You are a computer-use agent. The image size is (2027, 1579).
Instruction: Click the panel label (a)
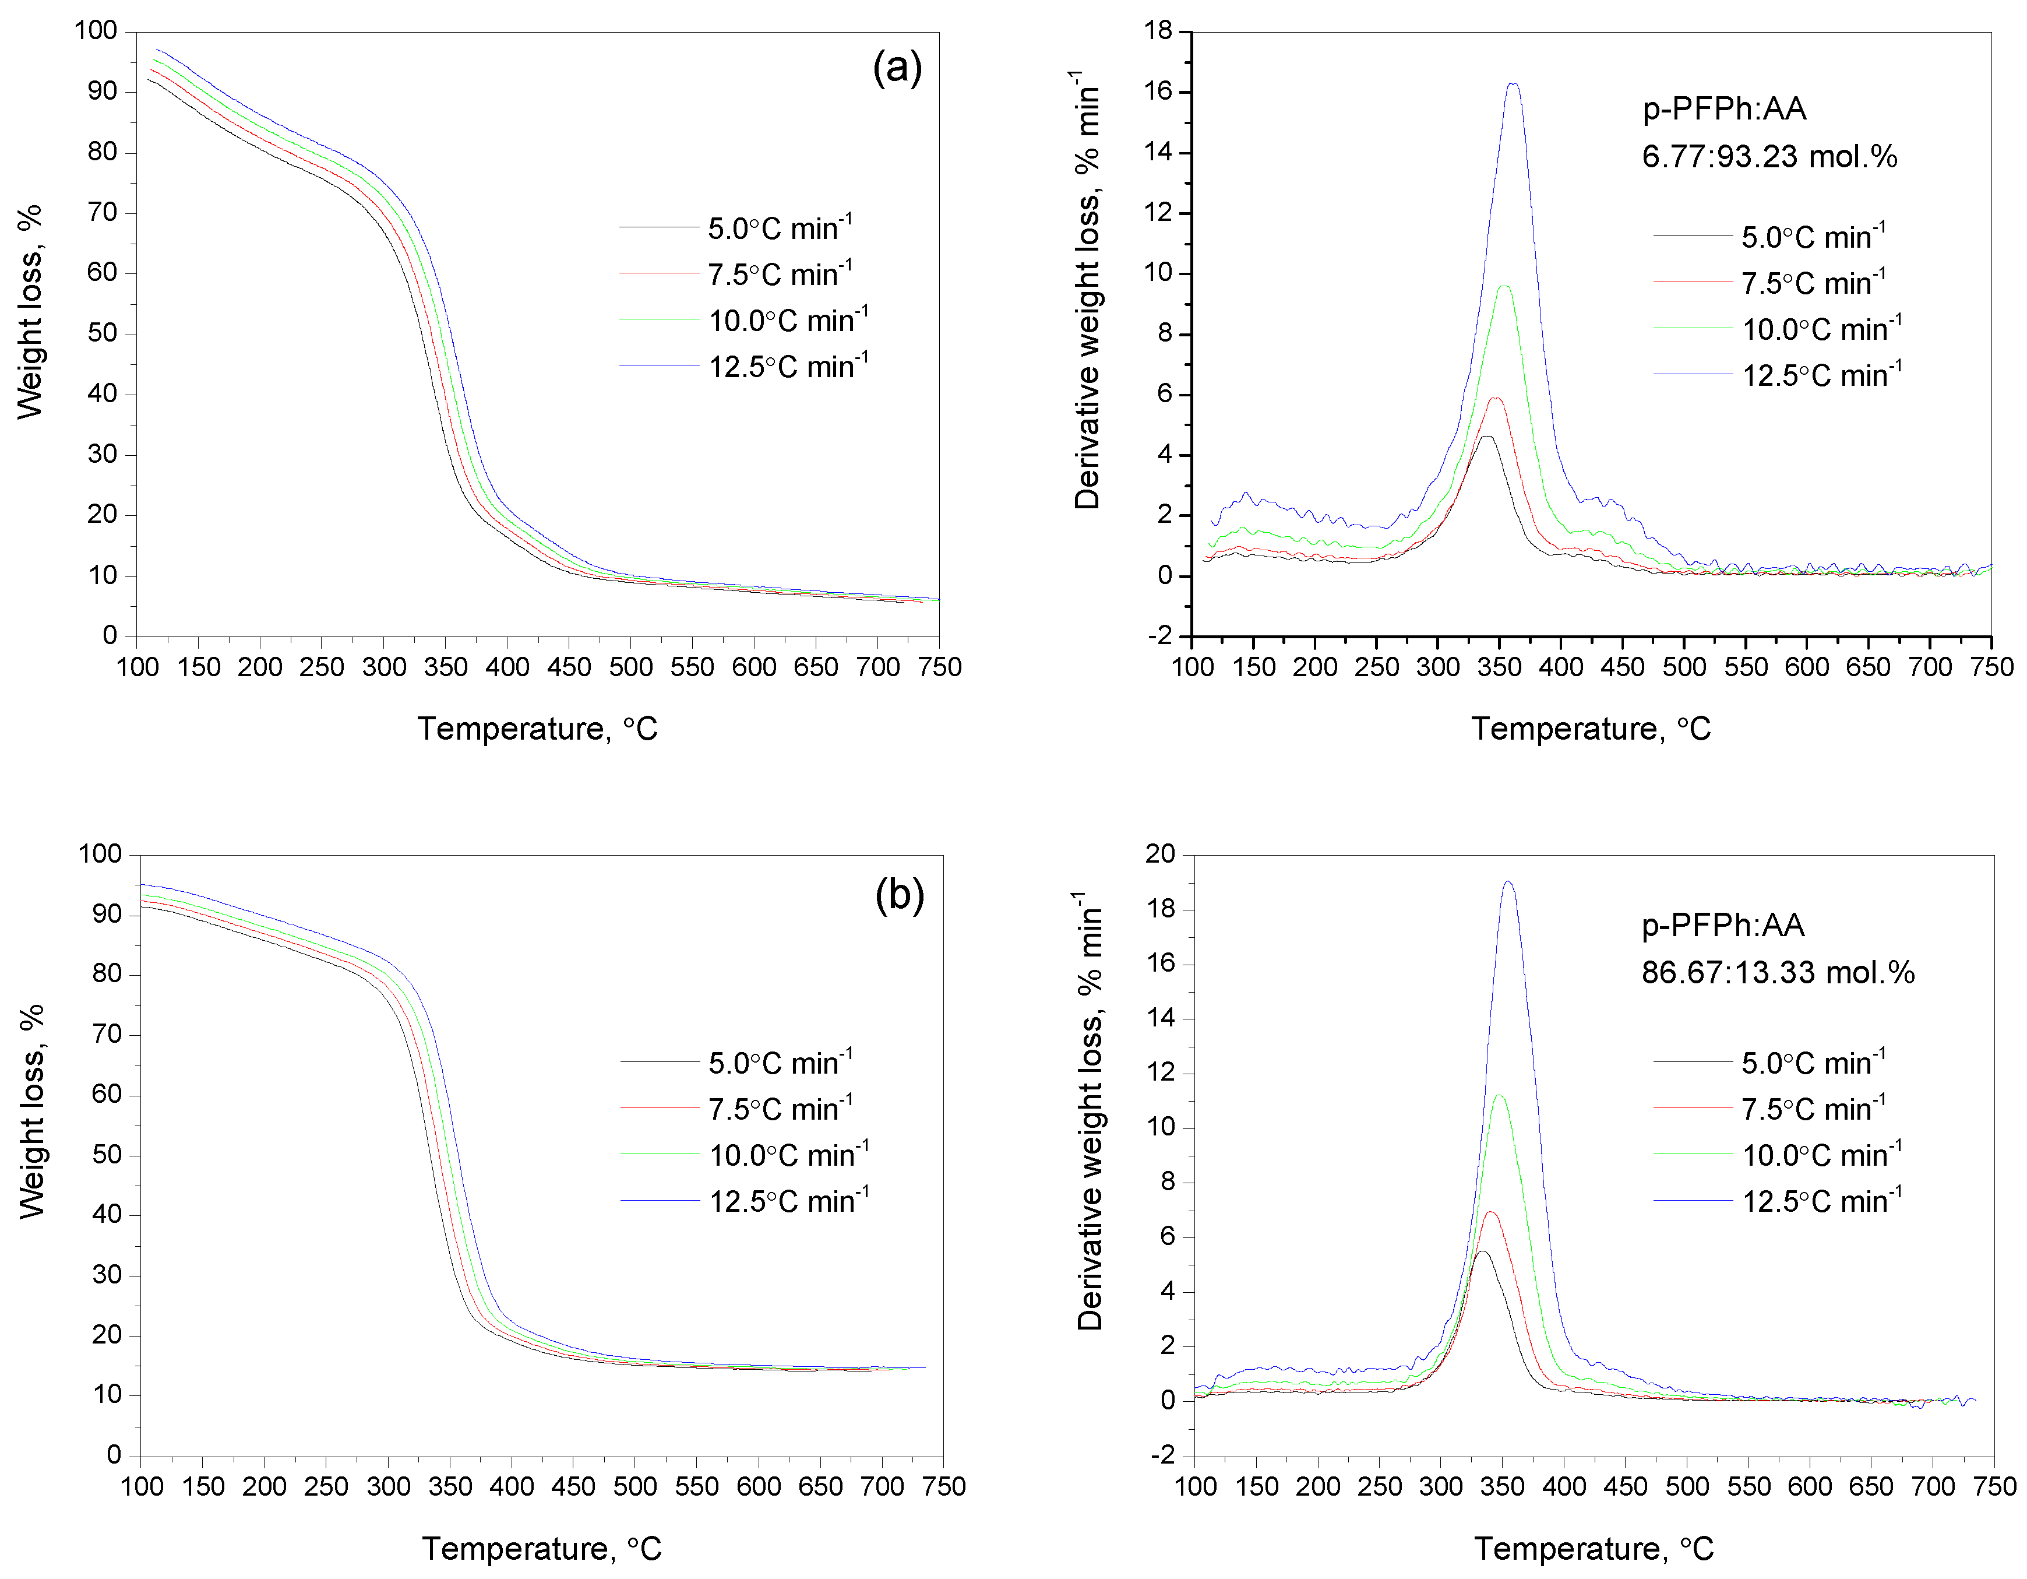tap(897, 69)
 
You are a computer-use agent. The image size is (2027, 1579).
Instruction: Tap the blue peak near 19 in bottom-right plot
tap(1508, 882)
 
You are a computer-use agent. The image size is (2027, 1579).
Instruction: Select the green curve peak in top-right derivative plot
tap(1504, 286)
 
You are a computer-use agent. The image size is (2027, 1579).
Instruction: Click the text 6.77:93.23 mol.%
tap(1769, 156)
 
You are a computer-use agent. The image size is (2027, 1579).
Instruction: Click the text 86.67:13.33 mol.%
tap(1777, 972)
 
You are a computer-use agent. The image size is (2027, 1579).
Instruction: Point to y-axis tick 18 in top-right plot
tap(1158, 31)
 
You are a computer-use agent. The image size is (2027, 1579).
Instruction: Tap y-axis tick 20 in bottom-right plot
tap(1160, 854)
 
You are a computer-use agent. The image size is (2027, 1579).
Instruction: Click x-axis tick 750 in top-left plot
tap(939, 666)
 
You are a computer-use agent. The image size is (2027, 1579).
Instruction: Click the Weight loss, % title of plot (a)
tap(30, 312)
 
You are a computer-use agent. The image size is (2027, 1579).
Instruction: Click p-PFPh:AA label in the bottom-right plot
tap(1723, 926)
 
